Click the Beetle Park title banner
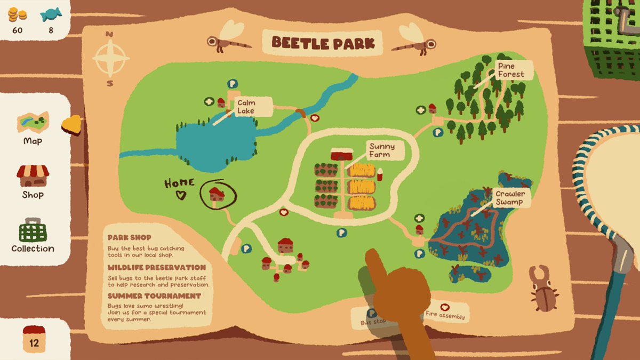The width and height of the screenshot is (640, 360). (323, 42)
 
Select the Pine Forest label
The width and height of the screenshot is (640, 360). (511, 70)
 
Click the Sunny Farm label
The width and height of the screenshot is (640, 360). (382, 150)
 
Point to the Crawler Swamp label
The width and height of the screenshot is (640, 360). (509, 198)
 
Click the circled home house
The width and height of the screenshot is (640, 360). (216, 194)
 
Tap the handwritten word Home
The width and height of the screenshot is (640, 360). (179, 183)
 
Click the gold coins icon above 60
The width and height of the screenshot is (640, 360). (17, 14)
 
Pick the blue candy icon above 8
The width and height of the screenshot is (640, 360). (51, 14)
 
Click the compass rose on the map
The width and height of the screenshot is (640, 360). (110, 59)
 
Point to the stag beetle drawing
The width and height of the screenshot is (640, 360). (543, 289)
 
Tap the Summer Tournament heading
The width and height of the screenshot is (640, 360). (147, 296)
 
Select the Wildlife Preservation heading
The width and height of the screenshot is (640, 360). (156, 267)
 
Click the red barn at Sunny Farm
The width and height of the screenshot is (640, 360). (342, 155)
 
